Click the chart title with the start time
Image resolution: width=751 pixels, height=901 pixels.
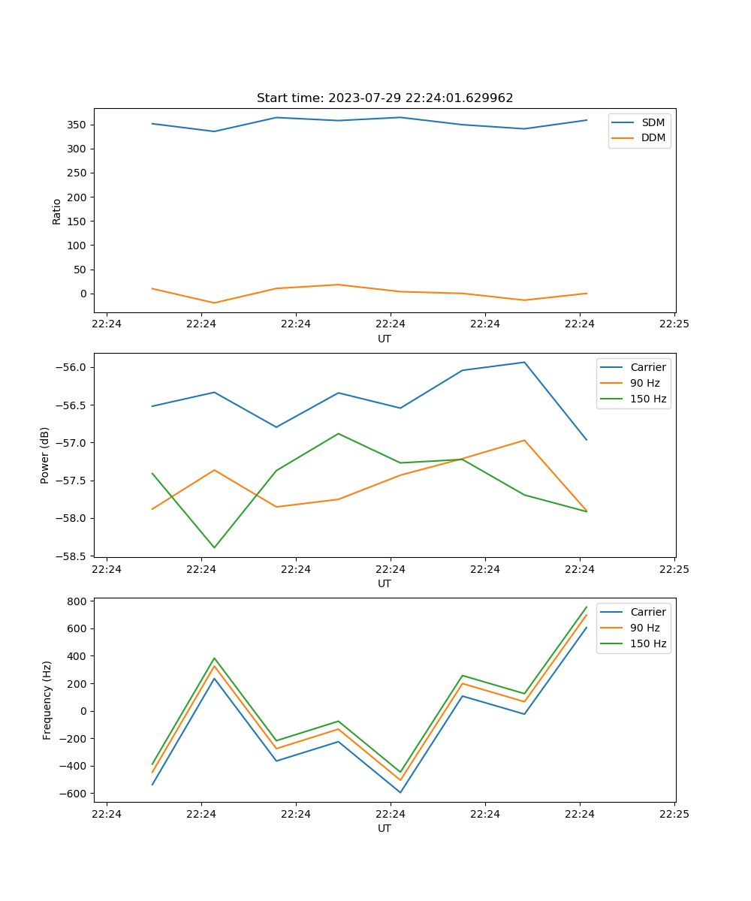point(385,98)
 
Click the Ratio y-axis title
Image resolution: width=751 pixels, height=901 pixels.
point(57,212)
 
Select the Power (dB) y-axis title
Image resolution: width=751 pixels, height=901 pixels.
point(46,455)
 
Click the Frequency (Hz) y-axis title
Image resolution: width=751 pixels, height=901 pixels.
point(47,700)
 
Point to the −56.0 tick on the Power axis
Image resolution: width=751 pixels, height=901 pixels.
point(72,367)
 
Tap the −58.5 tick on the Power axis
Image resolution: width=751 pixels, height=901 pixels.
point(72,556)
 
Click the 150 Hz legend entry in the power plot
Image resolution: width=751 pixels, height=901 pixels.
point(647,399)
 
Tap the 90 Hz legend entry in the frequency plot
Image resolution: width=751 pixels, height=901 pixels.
point(644,628)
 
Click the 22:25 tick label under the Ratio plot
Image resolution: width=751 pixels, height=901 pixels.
point(674,324)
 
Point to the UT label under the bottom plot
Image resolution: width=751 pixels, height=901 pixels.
point(385,828)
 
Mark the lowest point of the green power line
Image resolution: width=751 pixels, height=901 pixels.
point(214,547)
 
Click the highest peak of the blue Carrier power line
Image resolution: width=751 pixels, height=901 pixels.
point(524,362)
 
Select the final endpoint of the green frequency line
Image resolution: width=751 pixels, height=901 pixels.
point(587,607)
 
